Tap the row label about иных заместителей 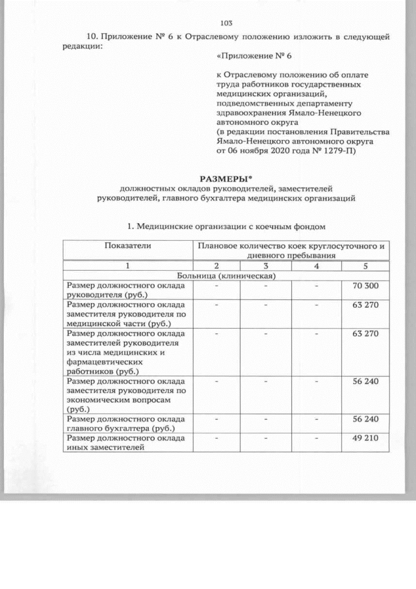[x=124, y=443]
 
